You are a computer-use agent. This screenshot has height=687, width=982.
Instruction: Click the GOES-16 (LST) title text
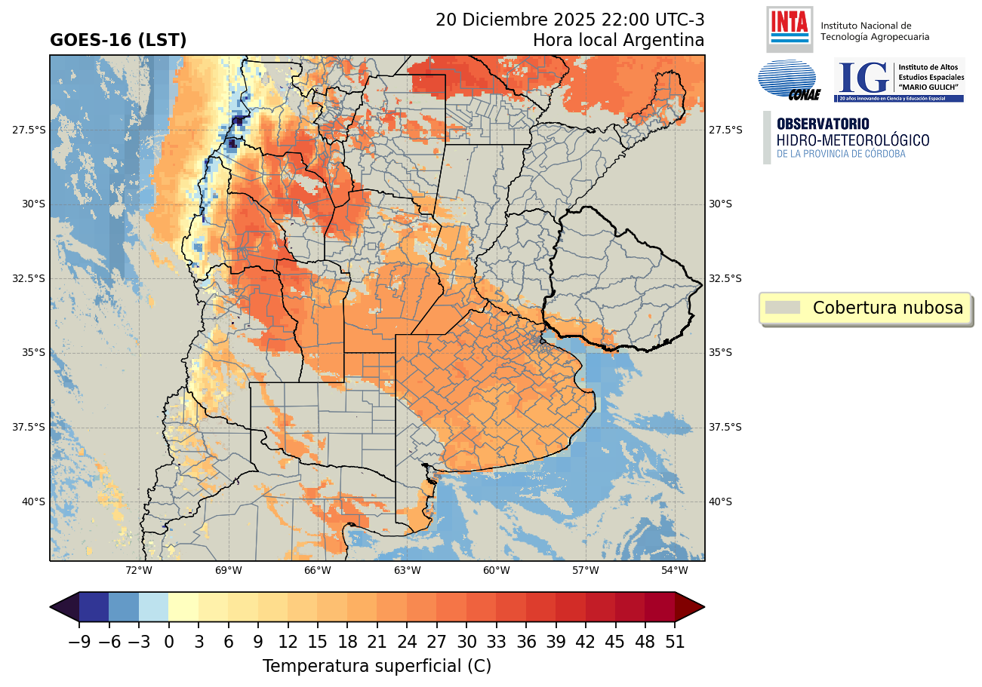pyautogui.click(x=118, y=41)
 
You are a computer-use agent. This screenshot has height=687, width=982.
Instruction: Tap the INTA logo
pyautogui.click(x=789, y=28)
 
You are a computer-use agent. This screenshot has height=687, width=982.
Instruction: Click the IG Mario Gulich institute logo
pyautogui.click(x=898, y=80)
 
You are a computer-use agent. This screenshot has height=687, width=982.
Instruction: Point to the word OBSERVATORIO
pyautogui.click(x=823, y=124)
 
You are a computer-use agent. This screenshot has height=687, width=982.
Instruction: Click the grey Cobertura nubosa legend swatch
pyautogui.click(x=782, y=308)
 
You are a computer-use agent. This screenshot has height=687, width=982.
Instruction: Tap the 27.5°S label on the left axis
pyautogui.click(x=29, y=130)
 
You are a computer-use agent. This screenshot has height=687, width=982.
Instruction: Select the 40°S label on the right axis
pyautogui.click(x=721, y=501)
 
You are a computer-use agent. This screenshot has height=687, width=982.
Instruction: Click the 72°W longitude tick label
pyautogui.click(x=139, y=570)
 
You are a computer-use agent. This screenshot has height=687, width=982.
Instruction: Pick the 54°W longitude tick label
pyautogui.click(x=674, y=570)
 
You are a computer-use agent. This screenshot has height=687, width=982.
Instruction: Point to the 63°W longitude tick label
pyautogui.click(x=407, y=570)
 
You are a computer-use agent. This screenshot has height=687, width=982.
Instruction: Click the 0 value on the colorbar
pyautogui.click(x=168, y=643)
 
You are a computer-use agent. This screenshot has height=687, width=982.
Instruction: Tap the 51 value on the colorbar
pyautogui.click(x=675, y=643)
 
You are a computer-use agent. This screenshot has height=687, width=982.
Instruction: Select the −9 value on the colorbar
pyautogui.click(x=78, y=643)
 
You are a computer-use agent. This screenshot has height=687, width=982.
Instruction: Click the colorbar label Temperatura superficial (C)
pyautogui.click(x=377, y=667)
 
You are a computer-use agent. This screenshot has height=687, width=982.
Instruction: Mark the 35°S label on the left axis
pyautogui.click(x=29, y=352)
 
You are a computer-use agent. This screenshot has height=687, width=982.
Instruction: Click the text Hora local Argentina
pyautogui.click(x=618, y=40)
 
